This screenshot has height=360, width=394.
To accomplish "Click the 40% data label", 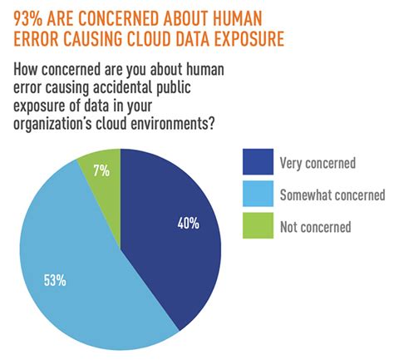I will [x=189, y=223].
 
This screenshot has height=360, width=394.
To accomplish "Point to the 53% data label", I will [x=55, y=280].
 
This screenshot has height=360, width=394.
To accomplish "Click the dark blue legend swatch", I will [x=257, y=164].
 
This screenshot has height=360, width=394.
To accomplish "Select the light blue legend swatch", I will [x=257, y=195].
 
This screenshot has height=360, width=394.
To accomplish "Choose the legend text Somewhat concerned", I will [x=332, y=195].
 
